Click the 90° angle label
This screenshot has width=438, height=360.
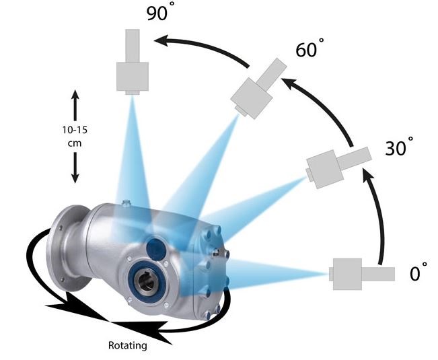coord(160,11)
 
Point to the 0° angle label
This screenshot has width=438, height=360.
coord(418,271)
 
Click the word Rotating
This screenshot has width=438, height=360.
coord(127,345)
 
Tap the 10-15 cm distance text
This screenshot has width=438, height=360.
coord(75,137)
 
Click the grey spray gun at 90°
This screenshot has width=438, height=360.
coord(132,61)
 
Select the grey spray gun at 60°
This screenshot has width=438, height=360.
coord(258,89)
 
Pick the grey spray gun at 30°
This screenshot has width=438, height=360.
coord(338,167)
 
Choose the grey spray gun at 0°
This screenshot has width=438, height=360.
coord(362,274)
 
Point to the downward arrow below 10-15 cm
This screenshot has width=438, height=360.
coord(75,168)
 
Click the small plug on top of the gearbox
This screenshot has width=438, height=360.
coord(126,202)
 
